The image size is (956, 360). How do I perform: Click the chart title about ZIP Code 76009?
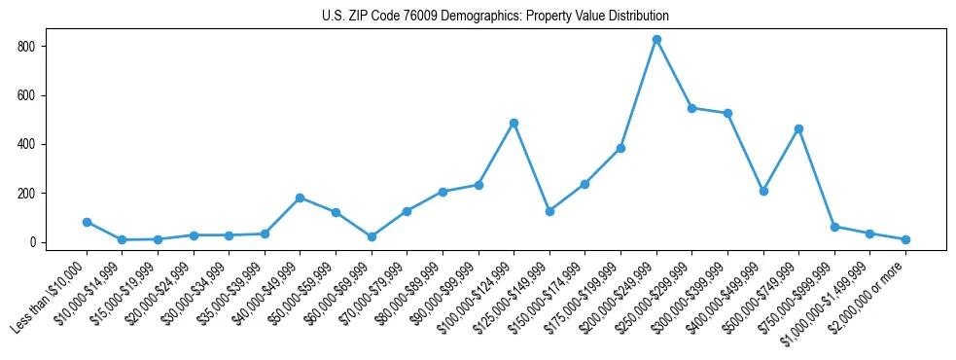coord(495,17)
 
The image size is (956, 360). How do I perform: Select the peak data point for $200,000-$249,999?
coord(656,40)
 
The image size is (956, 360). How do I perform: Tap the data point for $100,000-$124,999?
coord(513,124)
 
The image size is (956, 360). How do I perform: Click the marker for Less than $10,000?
coord(87,222)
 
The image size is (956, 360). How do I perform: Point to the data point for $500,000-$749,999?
coord(798,128)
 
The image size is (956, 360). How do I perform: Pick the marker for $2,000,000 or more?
coord(905,239)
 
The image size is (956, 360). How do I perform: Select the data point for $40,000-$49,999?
coord(300,198)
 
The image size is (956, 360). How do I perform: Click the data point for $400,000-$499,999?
coord(763,191)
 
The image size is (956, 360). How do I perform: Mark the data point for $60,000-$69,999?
coord(372,236)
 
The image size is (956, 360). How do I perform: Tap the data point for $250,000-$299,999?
coord(691,108)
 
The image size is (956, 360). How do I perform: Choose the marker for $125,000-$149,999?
coord(549,211)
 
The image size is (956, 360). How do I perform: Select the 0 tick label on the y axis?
coord(33,242)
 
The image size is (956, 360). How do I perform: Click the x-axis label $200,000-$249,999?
coord(622,296)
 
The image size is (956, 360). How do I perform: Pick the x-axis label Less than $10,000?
coord(51,298)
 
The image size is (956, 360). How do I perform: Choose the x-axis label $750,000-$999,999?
coord(799,296)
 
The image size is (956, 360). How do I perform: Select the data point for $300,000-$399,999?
coord(727,114)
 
